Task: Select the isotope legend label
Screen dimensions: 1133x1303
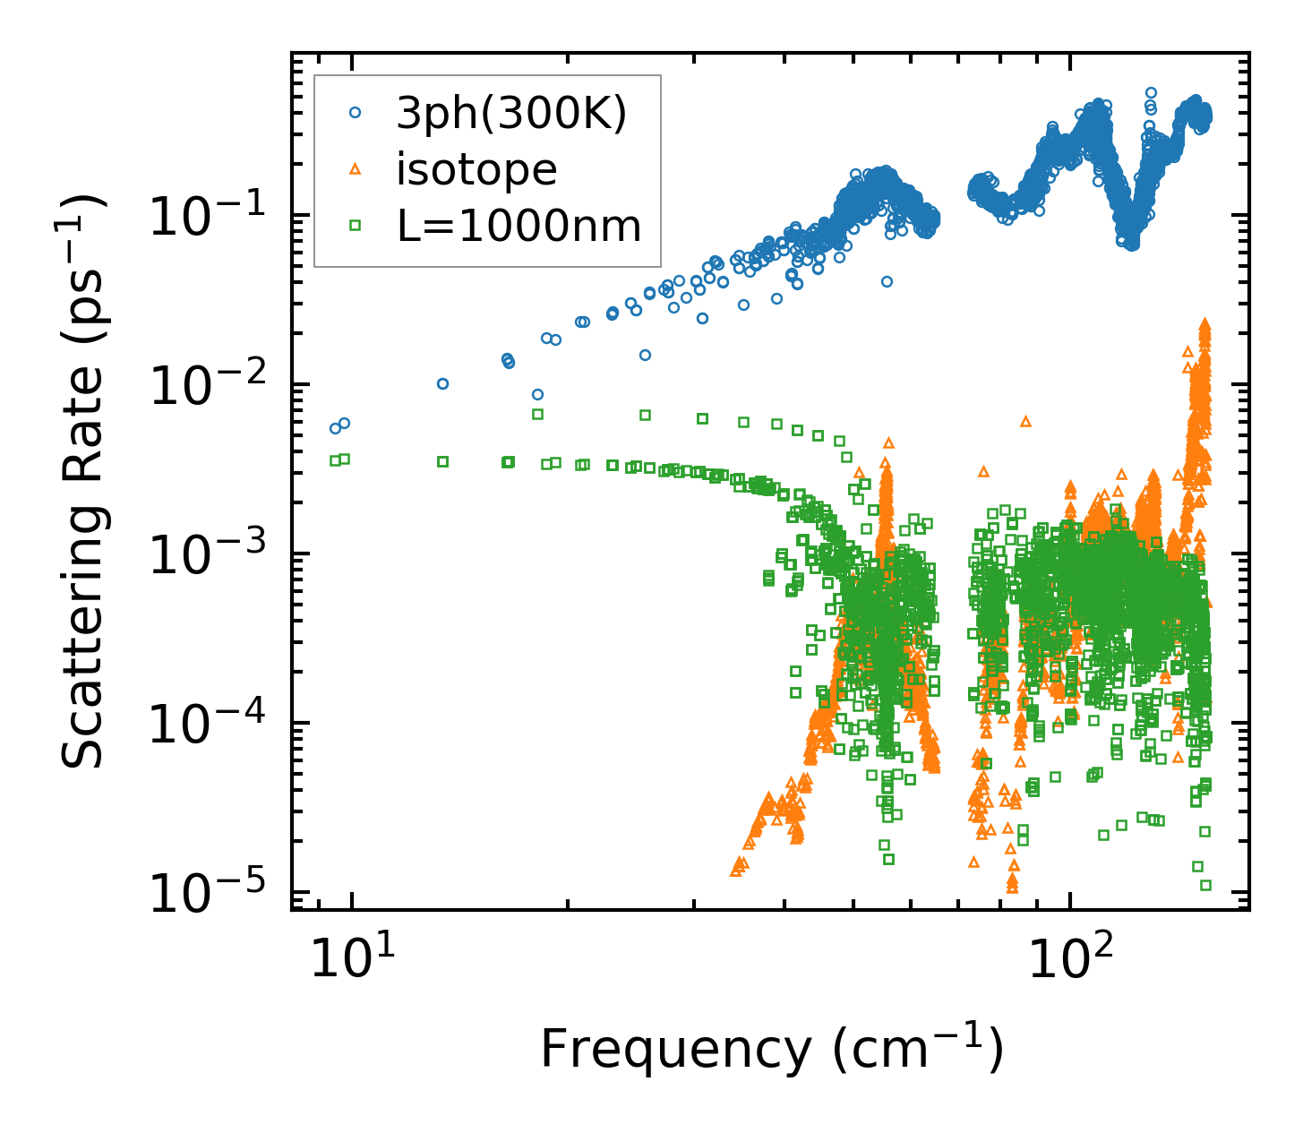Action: coord(476,169)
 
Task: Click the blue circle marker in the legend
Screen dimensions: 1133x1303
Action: coord(356,113)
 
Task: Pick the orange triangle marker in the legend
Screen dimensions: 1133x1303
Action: coord(356,168)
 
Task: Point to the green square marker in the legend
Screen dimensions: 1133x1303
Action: coord(356,226)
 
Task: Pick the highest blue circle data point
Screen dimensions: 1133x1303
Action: coord(1152,92)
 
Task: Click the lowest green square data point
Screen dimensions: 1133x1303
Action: coord(1205,885)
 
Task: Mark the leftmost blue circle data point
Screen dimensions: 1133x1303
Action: coord(336,428)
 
